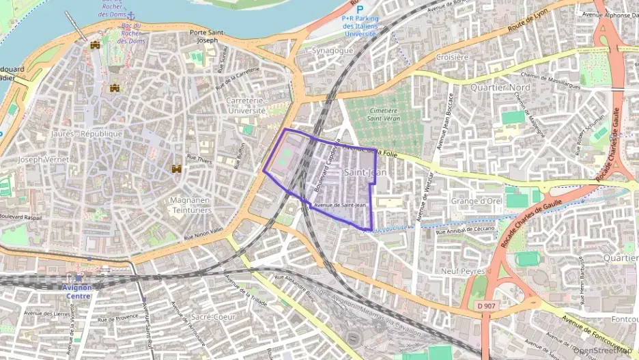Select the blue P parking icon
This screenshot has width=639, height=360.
coord(360,10)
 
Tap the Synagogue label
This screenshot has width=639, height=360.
coord(332,51)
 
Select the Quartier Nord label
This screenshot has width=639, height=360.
coord(500,88)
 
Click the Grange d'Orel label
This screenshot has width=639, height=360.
coord(476,201)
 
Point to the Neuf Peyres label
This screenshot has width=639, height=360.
coord(463,271)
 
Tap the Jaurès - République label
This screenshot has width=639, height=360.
coord(87,134)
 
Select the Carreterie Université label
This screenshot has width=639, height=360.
coord(246,105)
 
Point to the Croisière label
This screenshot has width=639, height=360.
coord(452,57)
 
